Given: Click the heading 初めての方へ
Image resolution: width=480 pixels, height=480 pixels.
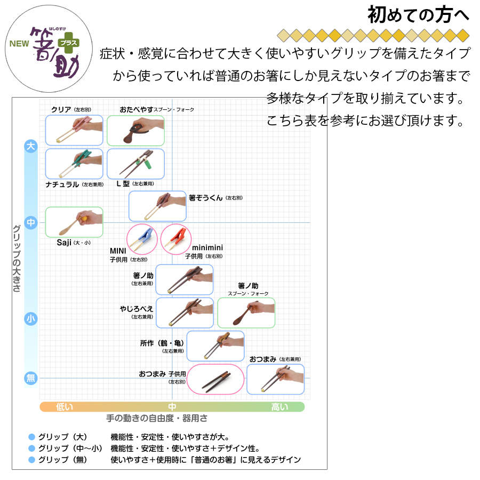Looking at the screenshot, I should pyautogui.click(x=418, y=15).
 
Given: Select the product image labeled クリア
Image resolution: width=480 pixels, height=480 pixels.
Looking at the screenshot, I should pyautogui.click(x=74, y=130).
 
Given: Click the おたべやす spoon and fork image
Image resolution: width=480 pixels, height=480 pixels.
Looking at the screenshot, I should pyautogui.click(x=135, y=130).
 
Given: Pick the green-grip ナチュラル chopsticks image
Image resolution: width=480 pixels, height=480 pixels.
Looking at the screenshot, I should pyautogui.click(x=74, y=164).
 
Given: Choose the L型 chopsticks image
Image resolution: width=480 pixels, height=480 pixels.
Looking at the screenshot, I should pyautogui.click(x=135, y=164).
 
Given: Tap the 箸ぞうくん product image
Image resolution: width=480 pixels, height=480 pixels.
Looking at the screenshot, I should pyautogui.click(x=157, y=206).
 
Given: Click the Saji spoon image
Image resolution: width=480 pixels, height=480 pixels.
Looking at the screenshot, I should pyautogui.click(x=74, y=222).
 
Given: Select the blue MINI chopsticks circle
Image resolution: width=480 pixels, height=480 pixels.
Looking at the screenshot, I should pyautogui.click(x=141, y=239).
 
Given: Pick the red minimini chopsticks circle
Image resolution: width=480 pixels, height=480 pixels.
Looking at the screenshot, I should pyautogui.click(x=175, y=239).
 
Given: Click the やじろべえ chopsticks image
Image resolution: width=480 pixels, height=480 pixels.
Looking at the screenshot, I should pyautogui.click(x=185, y=313).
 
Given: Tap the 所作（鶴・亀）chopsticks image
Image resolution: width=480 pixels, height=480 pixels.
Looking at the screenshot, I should pyautogui.click(x=215, y=346).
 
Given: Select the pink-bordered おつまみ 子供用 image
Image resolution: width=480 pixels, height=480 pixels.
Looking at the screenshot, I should pyautogui.click(x=215, y=379).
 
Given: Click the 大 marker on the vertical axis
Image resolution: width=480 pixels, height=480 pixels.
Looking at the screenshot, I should pyautogui.click(x=31, y=147).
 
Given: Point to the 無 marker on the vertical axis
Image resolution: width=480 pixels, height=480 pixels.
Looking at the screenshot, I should pyautogui.click(x=31, y=378).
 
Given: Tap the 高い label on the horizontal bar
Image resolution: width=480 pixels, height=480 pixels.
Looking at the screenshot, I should pyautogui.click(x=279, y=407).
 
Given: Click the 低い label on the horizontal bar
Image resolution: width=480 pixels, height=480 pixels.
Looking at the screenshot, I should pyautogui.click(x=65, y=407).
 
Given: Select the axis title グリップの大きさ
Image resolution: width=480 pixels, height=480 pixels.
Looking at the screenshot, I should pyautogui.click(x=17, y=258).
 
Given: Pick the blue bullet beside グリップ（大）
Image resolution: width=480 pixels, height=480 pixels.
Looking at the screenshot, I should pyautogui.click(x=31, y=437).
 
